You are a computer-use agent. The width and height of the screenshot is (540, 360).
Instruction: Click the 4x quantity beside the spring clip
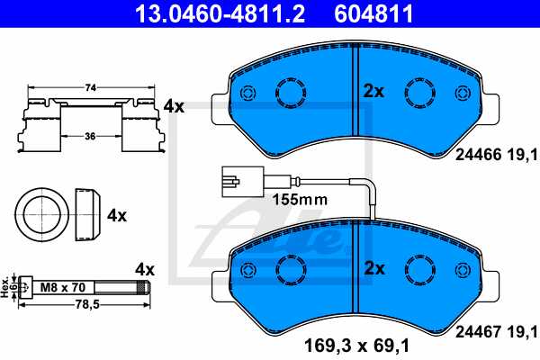coord(174,106)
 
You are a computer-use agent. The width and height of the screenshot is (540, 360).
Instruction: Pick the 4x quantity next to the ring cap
coord(117,217)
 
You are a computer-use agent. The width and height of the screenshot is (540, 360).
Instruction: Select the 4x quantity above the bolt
coord(145,269)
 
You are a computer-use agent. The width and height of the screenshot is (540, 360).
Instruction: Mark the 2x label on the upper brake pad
coord(373,91)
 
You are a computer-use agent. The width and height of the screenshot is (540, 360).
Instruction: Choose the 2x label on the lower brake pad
coord(373,268)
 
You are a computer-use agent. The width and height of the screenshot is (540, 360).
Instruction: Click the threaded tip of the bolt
coord(148,288)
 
